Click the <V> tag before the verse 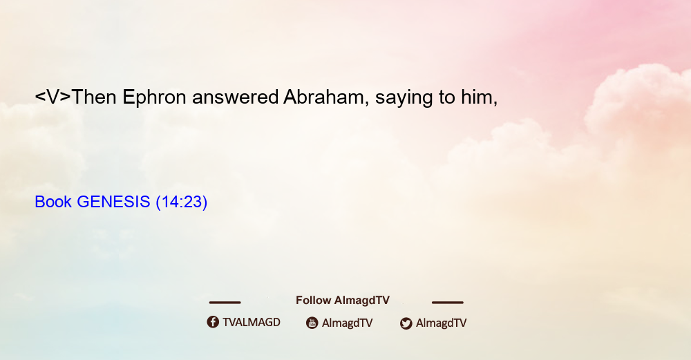[53, 97]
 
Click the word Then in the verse [94, 97]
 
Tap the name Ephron [154, 98]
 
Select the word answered [236, 97]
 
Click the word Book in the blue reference [53, 202]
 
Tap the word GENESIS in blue [113, 202]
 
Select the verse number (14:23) [182, 202]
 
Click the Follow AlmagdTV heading [343, 300]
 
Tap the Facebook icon [213, 322]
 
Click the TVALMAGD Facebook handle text [252, 322]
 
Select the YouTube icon [312, 323]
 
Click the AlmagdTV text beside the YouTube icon [348, 323]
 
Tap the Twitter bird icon [406, 323]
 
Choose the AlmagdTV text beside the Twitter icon [441, 323]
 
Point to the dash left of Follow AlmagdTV [225, 303]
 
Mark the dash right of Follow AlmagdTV [448, 303]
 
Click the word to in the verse [447, 97]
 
